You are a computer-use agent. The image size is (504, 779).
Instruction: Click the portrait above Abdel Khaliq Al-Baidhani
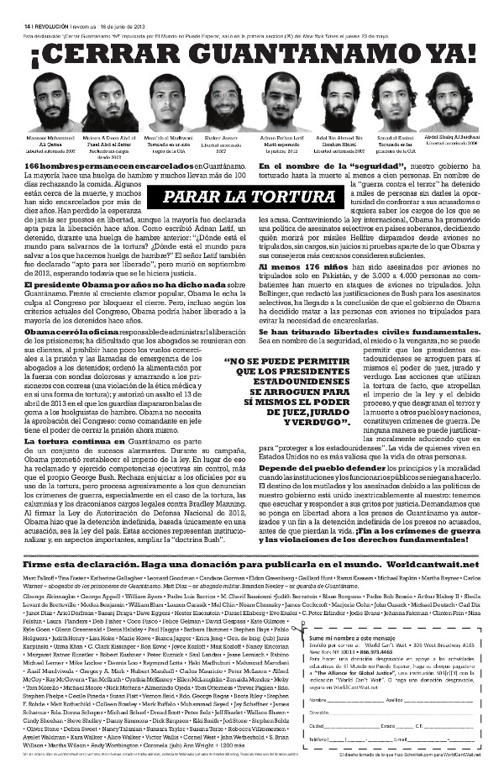click(454, 99)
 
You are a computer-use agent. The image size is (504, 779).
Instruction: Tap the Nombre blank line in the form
click(353, 698)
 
